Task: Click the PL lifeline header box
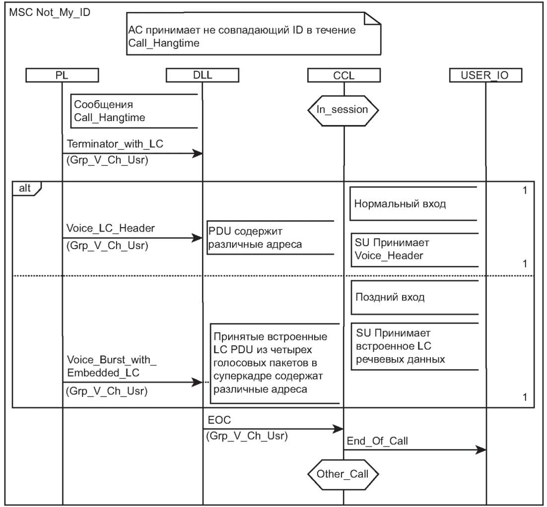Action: pos(63,75)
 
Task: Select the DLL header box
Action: pos(203,75)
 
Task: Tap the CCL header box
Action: pos(343,75)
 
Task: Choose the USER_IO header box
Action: pos(484,75)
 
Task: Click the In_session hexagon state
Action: pos(343,110)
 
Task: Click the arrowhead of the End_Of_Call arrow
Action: pos(481,450)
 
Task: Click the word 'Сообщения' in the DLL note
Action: pos(103,105)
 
